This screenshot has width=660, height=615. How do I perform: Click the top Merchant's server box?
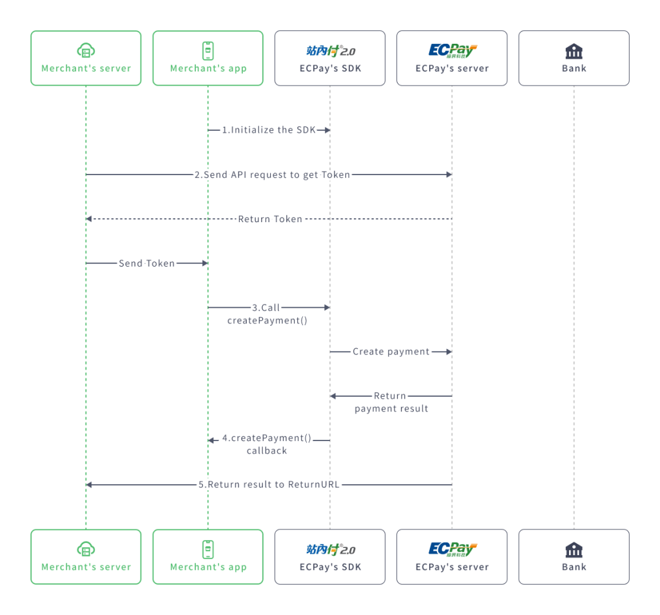click(x=86, y=58)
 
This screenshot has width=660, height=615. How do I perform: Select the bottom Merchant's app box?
click(x=208, y=556)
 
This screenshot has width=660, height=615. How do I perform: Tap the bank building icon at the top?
click(x=574, y=51)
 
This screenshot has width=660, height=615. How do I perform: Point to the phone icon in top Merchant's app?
click(x=208, y=50)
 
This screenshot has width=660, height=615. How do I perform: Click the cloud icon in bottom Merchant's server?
click(x=86, y=549)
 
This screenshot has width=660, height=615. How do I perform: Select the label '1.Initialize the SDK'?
click(x=269, y=130)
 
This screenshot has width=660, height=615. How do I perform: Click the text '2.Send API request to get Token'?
click(x=272, y=175)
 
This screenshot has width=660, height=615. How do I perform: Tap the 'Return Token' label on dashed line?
click(x=270, y=219)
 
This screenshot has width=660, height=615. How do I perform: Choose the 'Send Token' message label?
click(x=146, y=263)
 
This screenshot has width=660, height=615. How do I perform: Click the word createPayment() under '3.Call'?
click(x=267, y=320)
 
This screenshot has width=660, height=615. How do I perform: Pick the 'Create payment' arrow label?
click(x=391, y=352)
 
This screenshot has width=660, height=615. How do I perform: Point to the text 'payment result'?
click(x=391, y=408)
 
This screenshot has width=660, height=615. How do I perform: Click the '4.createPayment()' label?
click(x=267, y=438)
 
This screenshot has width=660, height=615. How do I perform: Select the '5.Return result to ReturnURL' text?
click(x=269, y=484)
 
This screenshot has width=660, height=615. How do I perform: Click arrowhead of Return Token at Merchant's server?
click(x=89, y=219)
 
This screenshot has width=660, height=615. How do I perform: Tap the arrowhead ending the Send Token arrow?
click(x=204, y=263)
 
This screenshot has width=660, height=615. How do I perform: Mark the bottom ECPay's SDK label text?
click(x=330, y=567)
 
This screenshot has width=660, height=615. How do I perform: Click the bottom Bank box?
click(x=574, y=556)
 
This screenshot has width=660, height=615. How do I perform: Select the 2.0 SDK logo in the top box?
click(x=330, y=51)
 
